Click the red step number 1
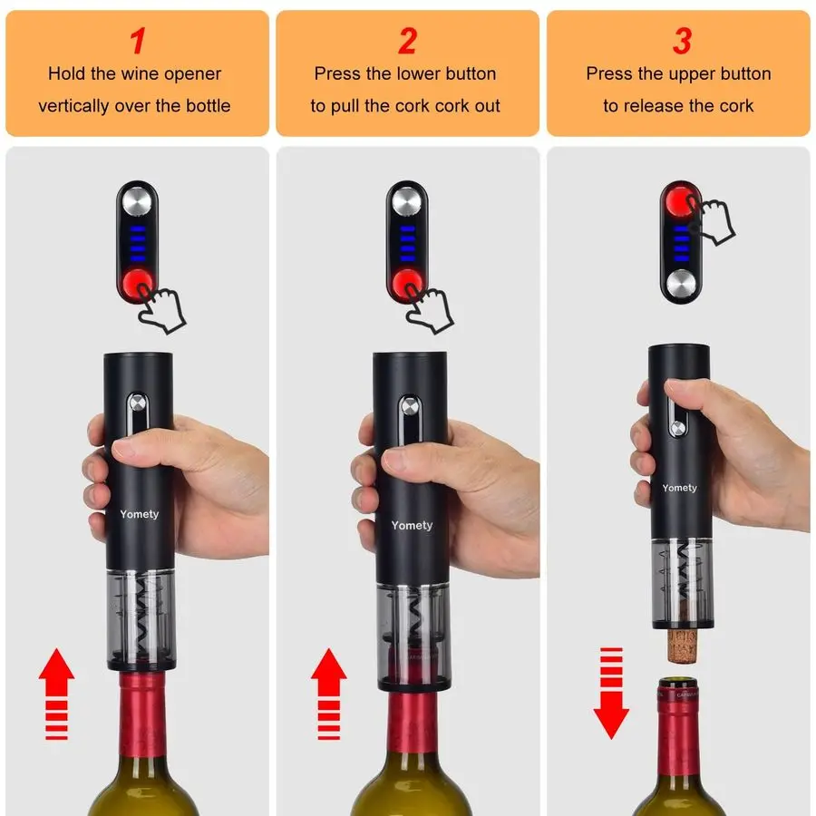pos(137,41)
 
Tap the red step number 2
pos(407,41)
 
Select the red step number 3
pos(681,41)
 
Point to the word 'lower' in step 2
pos(420,73)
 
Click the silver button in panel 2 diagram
pos(407,199)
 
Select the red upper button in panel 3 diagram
pos(680,199)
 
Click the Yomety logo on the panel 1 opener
pos(139,514)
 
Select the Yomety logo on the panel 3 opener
pos(680,488)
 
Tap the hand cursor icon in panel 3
pos(712,219)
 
